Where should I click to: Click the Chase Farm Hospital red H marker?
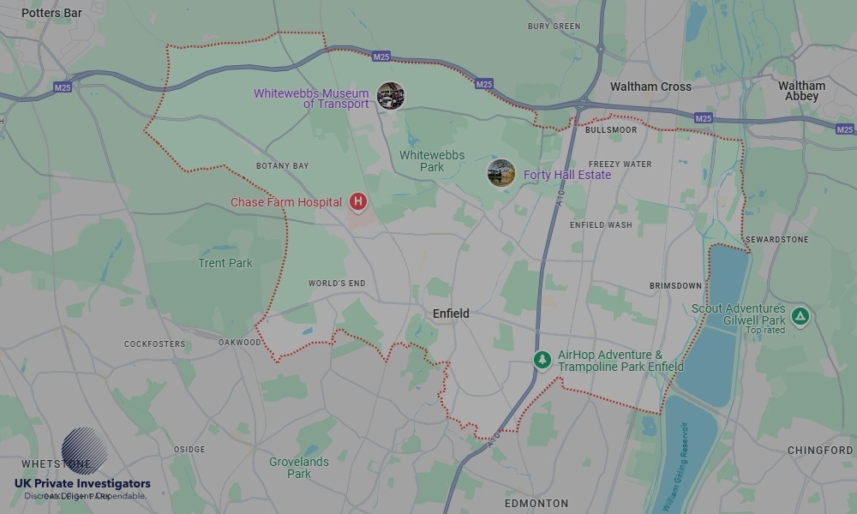point(358,202)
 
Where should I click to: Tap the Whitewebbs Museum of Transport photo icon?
point(391,96)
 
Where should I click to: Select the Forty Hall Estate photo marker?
point(501,173)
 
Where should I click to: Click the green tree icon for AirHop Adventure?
point(542,360)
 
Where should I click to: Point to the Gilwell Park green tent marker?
point(800,316)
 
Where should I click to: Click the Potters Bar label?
point(51,14)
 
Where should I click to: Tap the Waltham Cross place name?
point(650,87)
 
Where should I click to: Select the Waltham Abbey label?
point(801,91)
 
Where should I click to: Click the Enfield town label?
point(451,314)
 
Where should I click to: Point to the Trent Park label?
point(225,263)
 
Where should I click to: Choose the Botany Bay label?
point(282,166)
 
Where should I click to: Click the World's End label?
point(337,284)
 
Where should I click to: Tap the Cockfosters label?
point(154,344)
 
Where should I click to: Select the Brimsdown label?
point(675,286)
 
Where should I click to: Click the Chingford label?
point(820,451)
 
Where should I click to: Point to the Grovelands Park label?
point(299,468)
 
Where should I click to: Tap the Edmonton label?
point(536,503)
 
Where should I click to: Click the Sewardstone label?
point(776,240)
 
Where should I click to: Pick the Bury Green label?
point(554,27)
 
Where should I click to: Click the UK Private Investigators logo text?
point(82,484)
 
